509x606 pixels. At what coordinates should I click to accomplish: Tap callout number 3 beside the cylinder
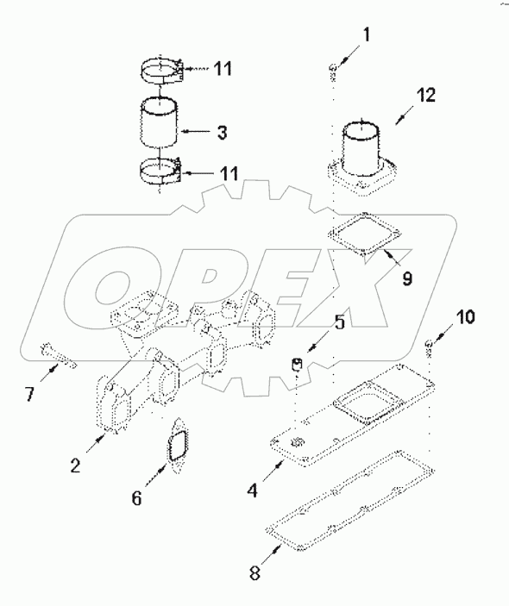[x=222, y=133]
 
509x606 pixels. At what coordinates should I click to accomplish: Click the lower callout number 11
[x=228, y=173]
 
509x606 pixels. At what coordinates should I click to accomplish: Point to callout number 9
[x=406, y=278]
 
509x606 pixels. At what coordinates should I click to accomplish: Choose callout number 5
[x=338, y=324]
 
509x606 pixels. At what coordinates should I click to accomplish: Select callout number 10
[x=464, y=318]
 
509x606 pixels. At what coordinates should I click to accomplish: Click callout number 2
[x=76, y=465]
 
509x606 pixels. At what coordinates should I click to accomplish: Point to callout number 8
[x=252, y=572]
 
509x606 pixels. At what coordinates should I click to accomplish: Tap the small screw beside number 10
[x=429, y=347]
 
